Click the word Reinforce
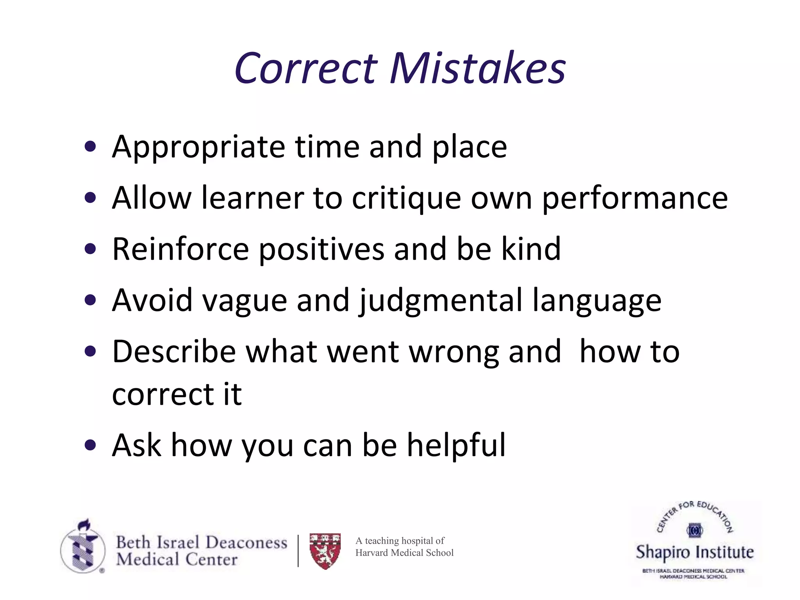click(180, 249)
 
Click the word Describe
click(174, 352)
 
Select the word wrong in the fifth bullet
click(454, 352)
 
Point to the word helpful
click(456, 445)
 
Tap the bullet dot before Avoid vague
click(90, 300)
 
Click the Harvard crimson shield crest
click(325, 551)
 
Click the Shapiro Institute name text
click(695, 552)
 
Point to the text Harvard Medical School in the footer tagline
click(404, 553)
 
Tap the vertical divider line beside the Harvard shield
click(298, 551)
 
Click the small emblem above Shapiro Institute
click(695, 530)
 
